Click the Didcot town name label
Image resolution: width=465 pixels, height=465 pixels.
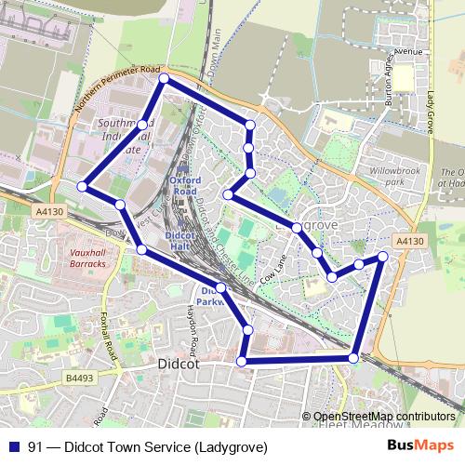[x=180, y=365]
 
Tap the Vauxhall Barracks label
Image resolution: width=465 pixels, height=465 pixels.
[x=88, y=258]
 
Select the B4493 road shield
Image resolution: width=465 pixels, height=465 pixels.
[x=81, y=378]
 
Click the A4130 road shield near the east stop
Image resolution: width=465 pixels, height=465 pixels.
[x=409, y=241]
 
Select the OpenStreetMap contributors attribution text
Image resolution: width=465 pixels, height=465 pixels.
[x=384, y=416]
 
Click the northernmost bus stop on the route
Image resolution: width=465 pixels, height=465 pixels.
[x=164, y=80]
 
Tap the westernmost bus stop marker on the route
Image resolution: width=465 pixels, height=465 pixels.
[x=83, y=187]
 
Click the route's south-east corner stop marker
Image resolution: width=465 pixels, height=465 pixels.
[x=353, y=358]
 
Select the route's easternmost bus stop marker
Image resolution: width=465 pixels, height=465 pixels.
[x=382, y=256]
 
